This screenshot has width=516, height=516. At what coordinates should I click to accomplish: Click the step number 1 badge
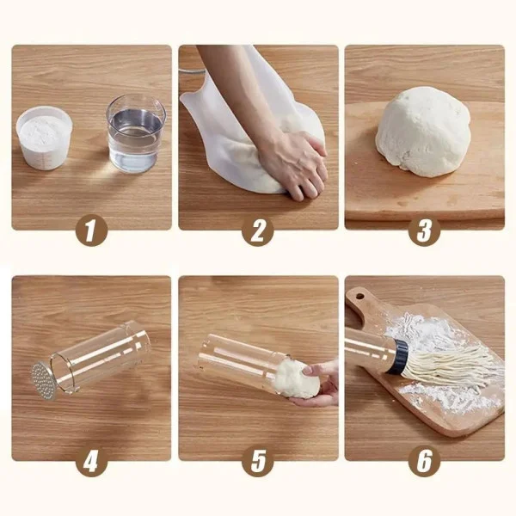(92, 230)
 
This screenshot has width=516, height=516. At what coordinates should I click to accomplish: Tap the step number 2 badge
(258, 230)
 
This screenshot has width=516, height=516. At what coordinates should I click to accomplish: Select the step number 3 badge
(425, 230)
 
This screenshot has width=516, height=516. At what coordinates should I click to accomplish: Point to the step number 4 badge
(92, 462)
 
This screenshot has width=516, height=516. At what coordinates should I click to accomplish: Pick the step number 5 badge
(258, 462)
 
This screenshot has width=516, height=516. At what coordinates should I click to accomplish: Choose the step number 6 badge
(425, 462)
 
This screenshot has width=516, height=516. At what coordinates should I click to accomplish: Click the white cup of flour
(44, 138)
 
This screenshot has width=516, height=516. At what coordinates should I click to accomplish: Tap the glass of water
(136, 133)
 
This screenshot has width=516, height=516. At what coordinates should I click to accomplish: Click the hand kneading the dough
(294, 163)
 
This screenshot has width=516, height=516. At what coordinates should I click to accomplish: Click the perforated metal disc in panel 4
(42, 381)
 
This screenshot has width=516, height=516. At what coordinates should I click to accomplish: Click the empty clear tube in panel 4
(99, 356)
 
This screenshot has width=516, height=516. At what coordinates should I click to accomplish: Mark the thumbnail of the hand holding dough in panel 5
(307, 370)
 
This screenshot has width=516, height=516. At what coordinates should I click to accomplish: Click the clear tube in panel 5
(243, 359)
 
